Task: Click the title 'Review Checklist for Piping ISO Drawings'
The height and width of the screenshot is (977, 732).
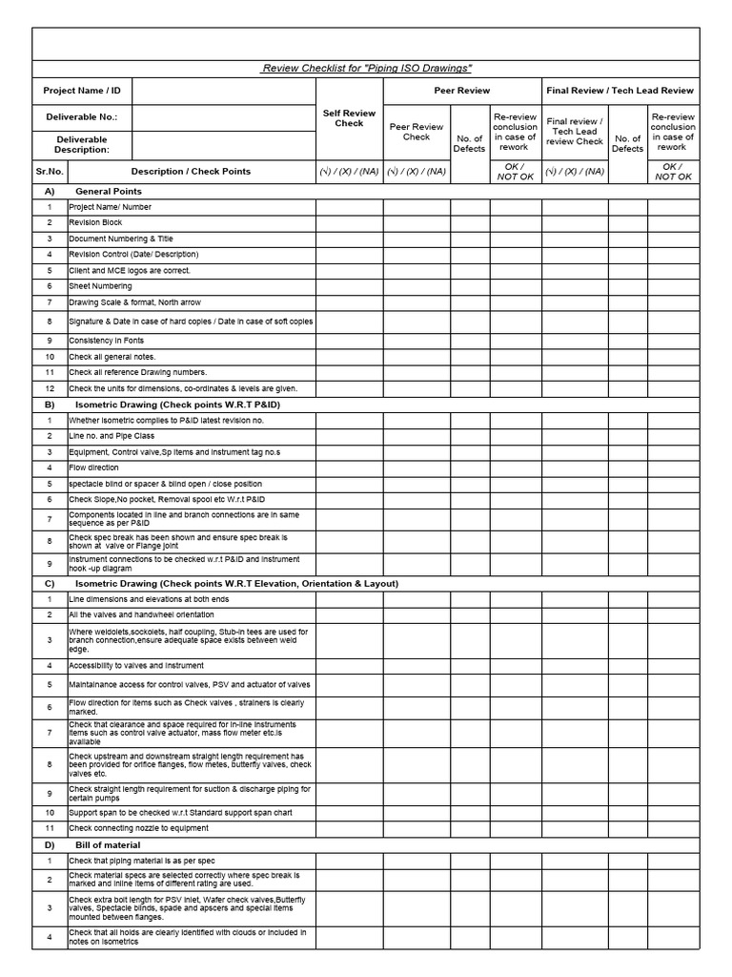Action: click(x=367, y=69)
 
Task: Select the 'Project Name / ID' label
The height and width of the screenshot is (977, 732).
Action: click(x=82, y=92)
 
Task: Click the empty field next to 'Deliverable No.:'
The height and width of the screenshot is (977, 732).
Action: click(x=224, y=117)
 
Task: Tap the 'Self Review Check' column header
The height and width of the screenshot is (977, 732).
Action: click(x=349, y=118)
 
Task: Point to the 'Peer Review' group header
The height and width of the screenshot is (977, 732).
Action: click(x=462, y=91)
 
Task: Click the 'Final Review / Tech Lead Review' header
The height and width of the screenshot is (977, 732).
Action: click(x=620, y=91)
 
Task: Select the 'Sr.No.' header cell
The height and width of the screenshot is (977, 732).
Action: click(x=50, y=172)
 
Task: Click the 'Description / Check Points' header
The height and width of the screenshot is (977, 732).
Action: click(x=191, y=172)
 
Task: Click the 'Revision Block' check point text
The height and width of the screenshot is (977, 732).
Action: click(x=95, y=222)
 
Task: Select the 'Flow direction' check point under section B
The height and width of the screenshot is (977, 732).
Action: click(x=93, y=468)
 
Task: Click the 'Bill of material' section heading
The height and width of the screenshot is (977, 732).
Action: click(x=108, y=845)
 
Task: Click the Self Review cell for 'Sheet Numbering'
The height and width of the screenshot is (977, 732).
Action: click(x=349, y=286)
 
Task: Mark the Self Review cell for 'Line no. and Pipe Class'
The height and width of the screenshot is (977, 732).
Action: click(x=349, y=436)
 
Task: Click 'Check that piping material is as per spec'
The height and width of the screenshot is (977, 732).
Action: click(x=135, y=861)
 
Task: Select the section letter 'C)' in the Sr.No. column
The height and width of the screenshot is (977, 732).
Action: click(x=50, y=583)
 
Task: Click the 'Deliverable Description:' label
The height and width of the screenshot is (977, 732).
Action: click(x=82, y=145)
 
